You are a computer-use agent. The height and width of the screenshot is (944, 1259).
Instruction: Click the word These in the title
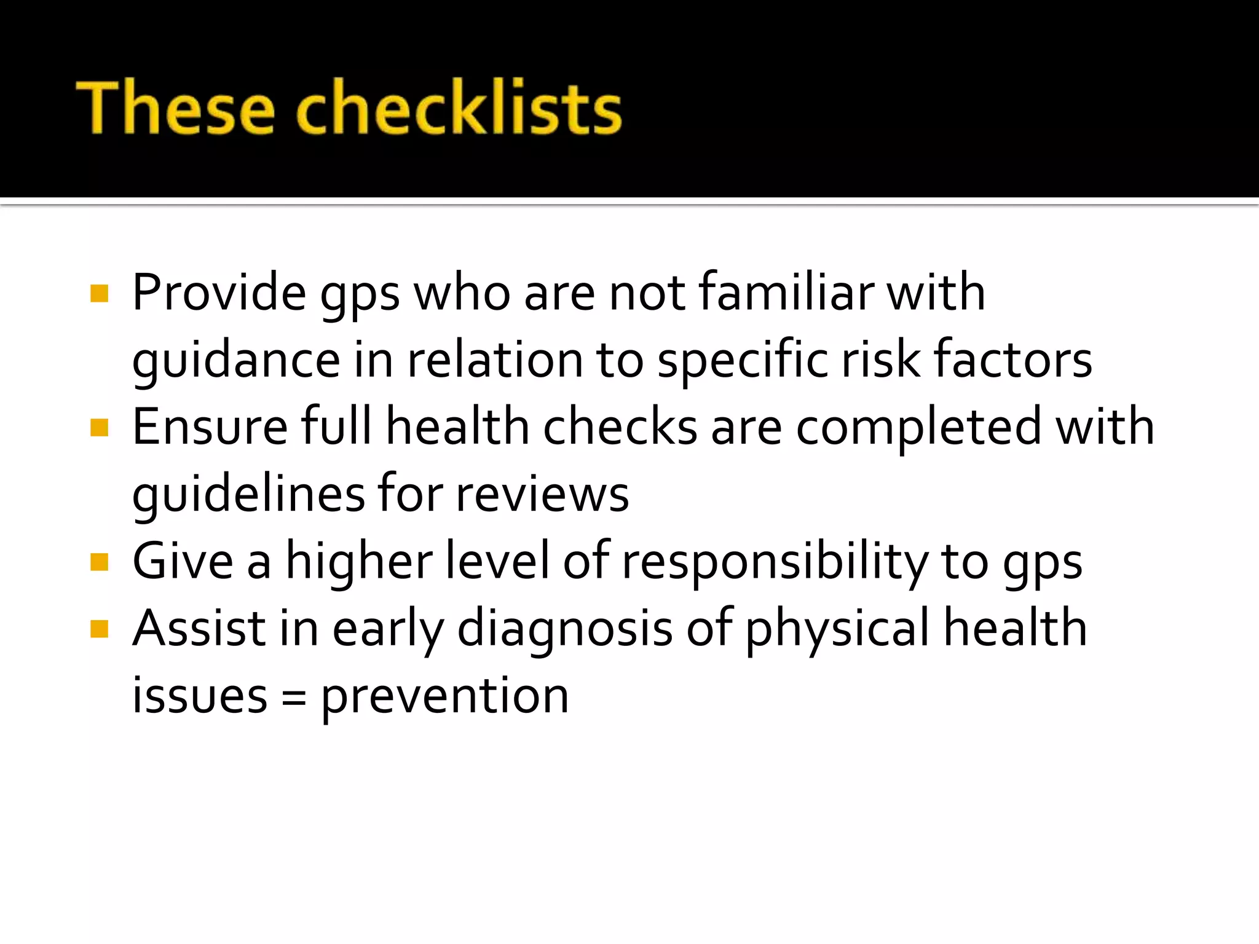point(175,107)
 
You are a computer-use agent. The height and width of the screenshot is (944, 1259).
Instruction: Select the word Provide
point(219,293)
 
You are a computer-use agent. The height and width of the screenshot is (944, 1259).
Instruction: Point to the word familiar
point(786,293)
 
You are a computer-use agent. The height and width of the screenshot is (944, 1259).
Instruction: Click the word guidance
point(236,361)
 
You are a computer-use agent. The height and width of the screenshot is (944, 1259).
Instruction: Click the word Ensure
point(210,427)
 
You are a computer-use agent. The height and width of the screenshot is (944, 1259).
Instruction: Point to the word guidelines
point(249,495)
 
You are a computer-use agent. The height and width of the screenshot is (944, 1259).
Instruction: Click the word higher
point(359,562)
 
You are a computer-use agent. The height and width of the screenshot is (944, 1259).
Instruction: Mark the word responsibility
point(775,562)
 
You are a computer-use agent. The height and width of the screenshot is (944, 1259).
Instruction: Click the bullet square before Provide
point(99,294)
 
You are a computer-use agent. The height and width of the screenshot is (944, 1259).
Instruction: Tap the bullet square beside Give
point(99,562)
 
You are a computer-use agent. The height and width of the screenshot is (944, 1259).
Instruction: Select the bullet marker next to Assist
point(99,629)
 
